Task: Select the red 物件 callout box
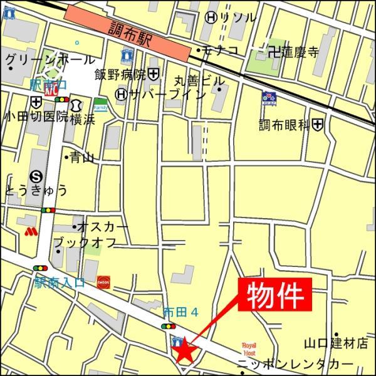[x=274, y=293]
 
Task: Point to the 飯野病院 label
[x=120, y=75]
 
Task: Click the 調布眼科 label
[x=285, y=125]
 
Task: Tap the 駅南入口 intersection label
[x=59, y=283]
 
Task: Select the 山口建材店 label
[x=336, y=343]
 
